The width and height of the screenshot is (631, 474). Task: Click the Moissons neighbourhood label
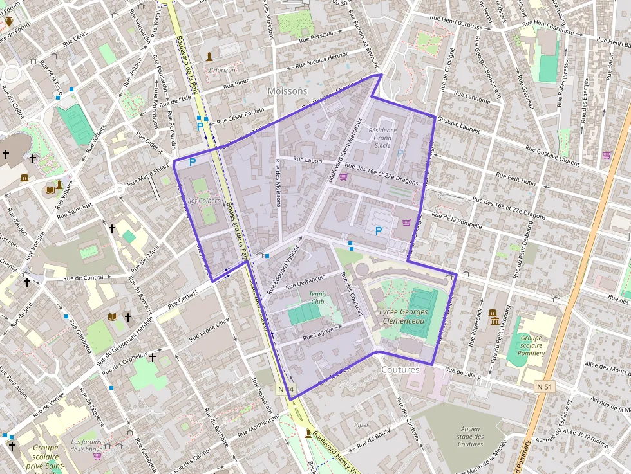287,91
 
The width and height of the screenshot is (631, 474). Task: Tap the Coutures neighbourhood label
400,370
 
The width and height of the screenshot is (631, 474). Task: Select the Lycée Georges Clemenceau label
402,316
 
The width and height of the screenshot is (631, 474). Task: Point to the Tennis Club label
317,297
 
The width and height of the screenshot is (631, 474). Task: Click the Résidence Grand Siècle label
382,138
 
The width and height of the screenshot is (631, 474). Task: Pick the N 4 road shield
287,389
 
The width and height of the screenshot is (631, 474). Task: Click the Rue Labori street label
307,160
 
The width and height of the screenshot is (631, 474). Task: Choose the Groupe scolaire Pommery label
531,345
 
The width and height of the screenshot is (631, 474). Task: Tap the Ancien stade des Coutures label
470,437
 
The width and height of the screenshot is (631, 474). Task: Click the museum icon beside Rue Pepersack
493,316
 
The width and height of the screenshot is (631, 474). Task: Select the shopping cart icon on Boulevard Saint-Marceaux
343,177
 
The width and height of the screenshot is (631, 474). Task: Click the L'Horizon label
222,69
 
